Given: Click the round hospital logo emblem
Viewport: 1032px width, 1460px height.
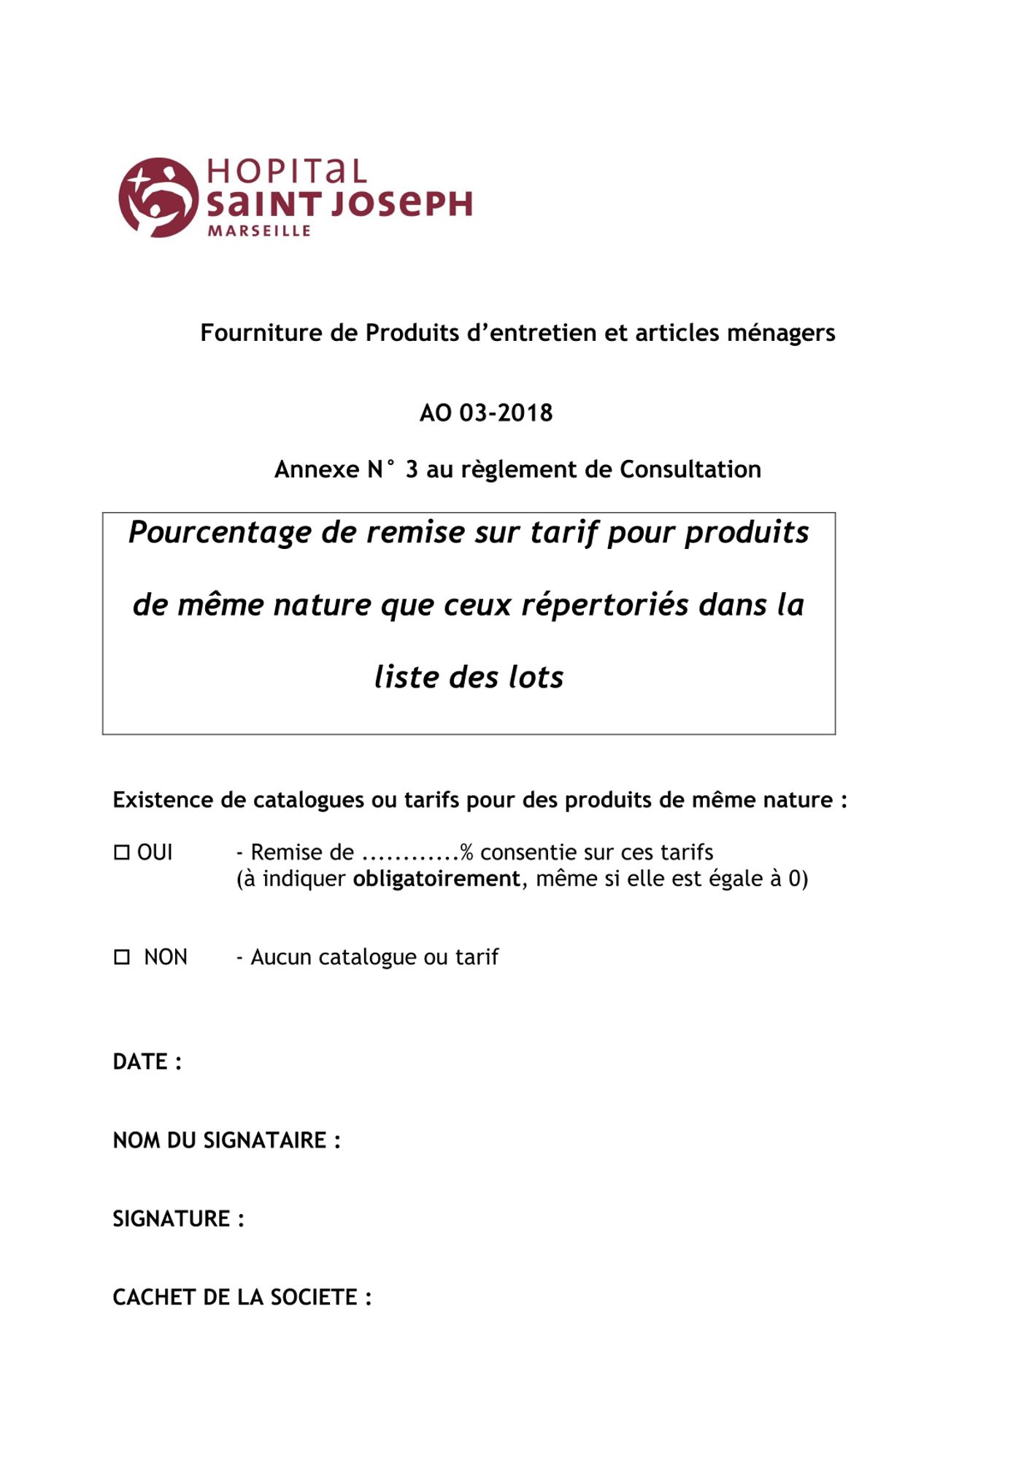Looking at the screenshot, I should pos(158,197).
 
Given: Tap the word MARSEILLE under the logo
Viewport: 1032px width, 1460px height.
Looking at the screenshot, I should pos(259,231).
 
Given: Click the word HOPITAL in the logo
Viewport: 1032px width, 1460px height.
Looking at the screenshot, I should pos(286,172).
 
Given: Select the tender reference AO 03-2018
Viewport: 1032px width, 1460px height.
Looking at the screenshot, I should pos(486,413).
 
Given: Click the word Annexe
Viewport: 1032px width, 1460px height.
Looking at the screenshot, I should pos(317,469).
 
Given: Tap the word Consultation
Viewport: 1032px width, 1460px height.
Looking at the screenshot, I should pos(690,469).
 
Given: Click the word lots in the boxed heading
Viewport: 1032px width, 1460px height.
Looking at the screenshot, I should pos(536,677).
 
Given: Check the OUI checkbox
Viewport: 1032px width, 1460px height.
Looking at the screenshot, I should pos(122,852).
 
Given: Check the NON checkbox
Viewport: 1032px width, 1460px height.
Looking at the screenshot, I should pos(122,957).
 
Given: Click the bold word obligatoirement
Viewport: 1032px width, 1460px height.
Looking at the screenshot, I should pos(436,878).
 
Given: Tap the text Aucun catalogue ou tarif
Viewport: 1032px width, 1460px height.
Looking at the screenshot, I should pos(374,957).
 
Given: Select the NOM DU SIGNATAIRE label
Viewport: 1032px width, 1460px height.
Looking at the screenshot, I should pos(226,1140).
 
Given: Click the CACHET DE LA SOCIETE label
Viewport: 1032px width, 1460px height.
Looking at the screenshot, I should pos(242,1297).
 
